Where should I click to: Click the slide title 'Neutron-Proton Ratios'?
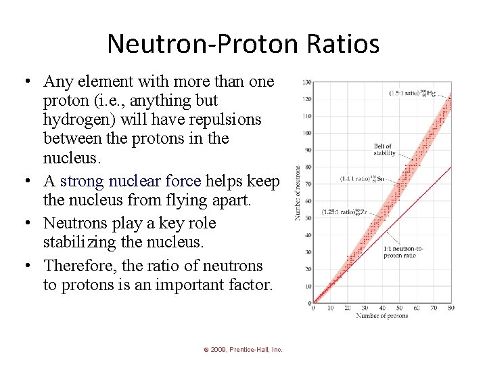click(243, 44)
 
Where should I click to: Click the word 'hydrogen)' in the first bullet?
click(76, 119)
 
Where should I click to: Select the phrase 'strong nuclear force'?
click(131, 181)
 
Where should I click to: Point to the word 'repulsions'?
click(227, 119)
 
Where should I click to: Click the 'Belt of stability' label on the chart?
click(383, 149)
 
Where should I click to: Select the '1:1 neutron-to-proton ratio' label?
click(403, 251)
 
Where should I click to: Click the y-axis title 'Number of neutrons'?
click(297, 192)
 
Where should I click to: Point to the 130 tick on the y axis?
click(306, 83)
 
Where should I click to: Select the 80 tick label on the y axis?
click(307, 167)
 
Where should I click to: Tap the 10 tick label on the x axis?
click(329, 308)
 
